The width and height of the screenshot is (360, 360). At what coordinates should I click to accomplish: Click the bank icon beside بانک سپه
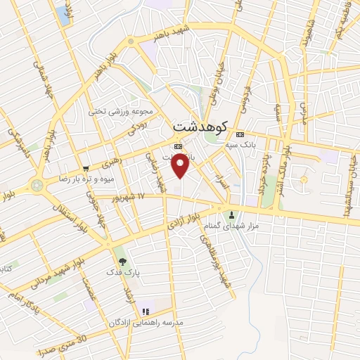(x=241, y=134)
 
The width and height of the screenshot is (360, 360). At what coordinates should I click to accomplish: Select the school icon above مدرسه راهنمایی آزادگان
(x=146, y=311)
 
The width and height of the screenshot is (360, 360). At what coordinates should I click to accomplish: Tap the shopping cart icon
(x=86, y=168)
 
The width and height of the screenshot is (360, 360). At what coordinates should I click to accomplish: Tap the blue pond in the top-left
(x=64, y=16)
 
